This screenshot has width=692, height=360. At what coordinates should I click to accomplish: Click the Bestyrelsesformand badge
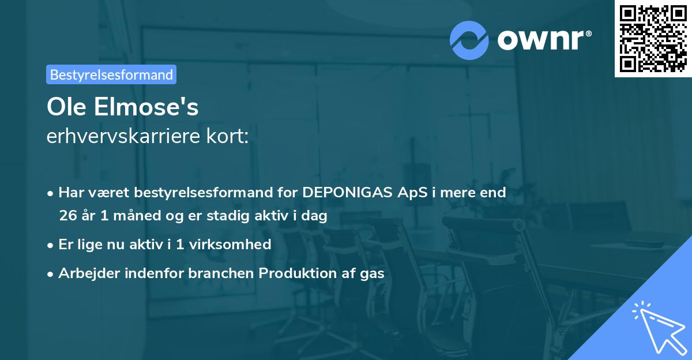pyautogui.click(x=111, y=74)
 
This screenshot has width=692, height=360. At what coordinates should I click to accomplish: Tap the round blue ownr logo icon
pyautogui.click(x=469, y=40)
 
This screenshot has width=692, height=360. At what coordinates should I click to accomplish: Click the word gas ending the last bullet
pyautogui.click(x=373, y=273)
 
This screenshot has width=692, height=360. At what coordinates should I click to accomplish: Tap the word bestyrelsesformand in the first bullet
pyautogui.click(x=170, y=192)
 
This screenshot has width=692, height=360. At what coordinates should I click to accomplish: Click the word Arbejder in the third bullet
pyautogui.click(x=85, y=273)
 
